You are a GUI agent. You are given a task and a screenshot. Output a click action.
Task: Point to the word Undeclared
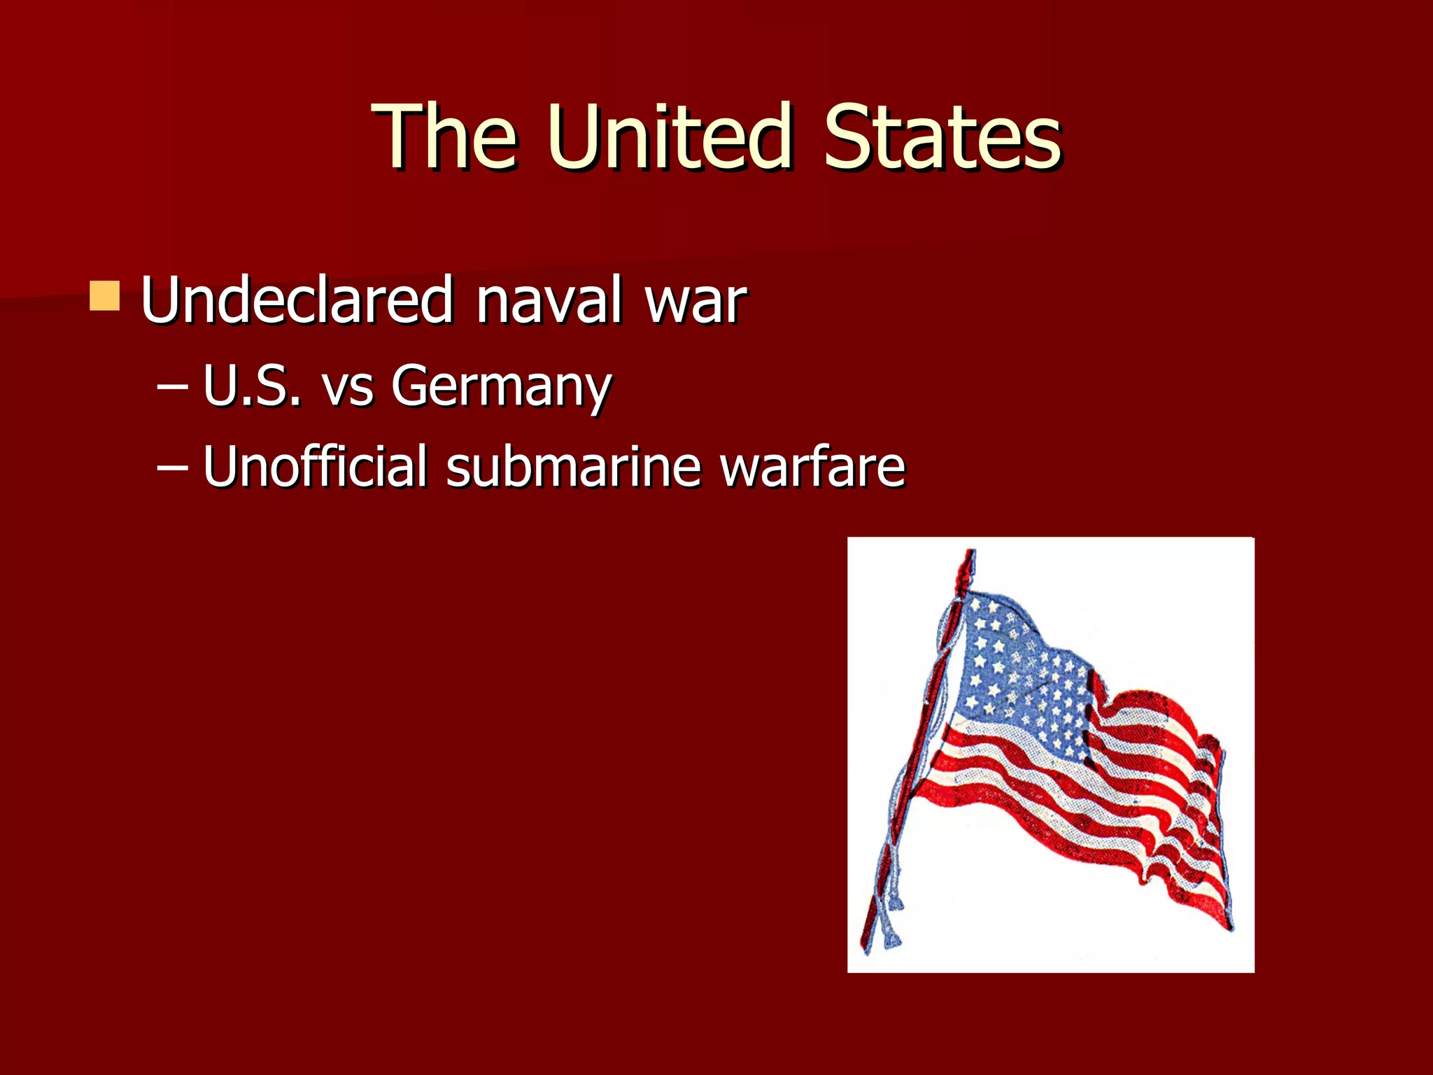[x=297, y=300]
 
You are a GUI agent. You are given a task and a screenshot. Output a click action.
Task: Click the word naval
[x=549, y=300]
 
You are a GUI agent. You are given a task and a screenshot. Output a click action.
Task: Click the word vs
[x=348, y=387]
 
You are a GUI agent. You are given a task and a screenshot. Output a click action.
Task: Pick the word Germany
[x=501, y=387]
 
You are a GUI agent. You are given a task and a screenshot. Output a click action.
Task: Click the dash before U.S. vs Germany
[x=173, y=386]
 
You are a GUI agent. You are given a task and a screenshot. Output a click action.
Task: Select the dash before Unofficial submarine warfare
[x=173, y=466]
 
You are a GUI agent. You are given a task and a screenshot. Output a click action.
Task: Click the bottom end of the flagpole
[x=868, y=941]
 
